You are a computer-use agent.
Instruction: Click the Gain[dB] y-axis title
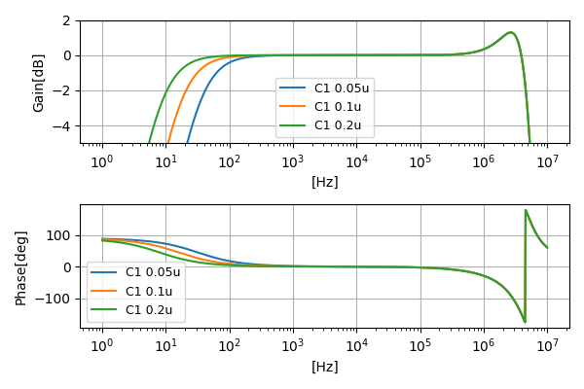(39, 83)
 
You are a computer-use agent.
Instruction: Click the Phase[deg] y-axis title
(20, 266)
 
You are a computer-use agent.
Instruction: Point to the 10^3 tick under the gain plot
(293, 161)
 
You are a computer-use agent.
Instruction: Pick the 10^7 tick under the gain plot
(546, 161)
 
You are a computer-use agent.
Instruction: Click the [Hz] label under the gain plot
(324, 182)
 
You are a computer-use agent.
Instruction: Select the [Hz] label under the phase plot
(324, 367)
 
